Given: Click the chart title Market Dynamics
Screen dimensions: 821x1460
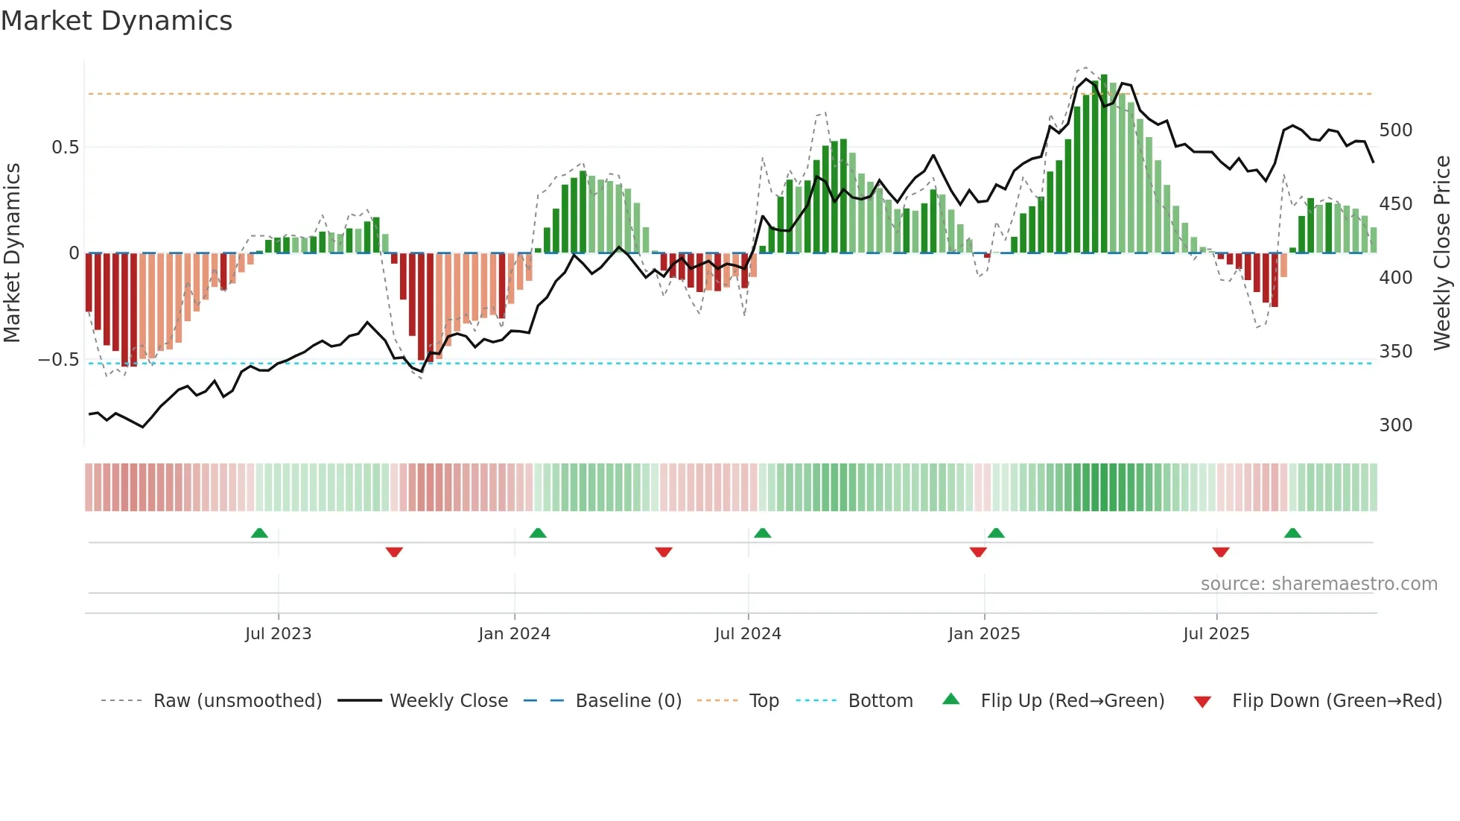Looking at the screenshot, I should tap(116, 21).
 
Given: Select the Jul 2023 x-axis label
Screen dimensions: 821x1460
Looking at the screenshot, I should tap(278, 634).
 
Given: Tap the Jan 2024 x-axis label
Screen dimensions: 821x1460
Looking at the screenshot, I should tap(514, 634).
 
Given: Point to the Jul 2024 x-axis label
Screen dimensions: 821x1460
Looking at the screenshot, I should tap(748, 634).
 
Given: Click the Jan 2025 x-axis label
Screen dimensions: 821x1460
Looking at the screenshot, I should tap(984, 634).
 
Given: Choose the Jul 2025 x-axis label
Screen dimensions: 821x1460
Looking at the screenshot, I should tap(1216, 634).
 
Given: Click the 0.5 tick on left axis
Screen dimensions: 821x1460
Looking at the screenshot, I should tap(65, 148).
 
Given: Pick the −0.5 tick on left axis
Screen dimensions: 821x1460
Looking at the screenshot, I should tap(59, 360).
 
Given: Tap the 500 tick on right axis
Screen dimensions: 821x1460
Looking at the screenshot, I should tap(1396, 130).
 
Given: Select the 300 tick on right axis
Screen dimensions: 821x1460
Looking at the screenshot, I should tap(1396, 425).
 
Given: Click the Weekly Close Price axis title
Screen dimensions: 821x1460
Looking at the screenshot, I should tap(1442, 253).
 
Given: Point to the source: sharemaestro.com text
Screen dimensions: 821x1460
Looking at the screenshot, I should tap(1318, 584).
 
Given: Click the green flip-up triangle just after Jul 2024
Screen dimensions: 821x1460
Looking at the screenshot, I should tap(762, 533).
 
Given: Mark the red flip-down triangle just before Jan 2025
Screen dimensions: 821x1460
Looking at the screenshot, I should tap(978, 552).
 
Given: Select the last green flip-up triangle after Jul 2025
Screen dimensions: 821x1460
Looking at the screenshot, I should tap(1292, 533).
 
